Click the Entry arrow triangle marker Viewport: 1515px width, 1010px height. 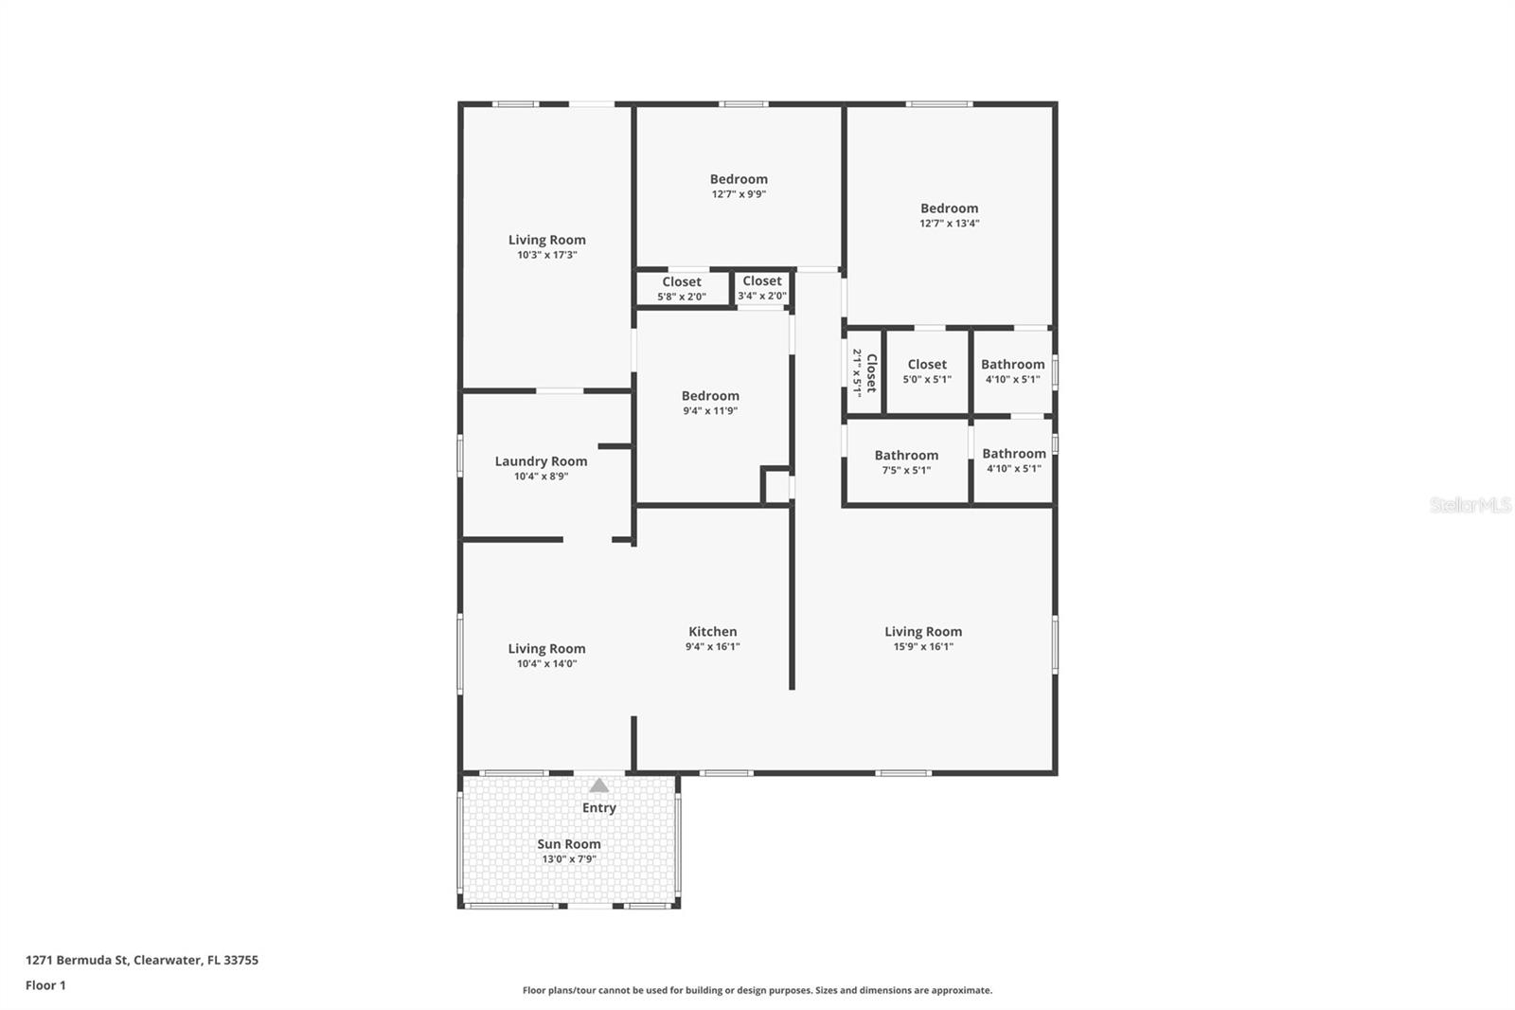tap(598, 785)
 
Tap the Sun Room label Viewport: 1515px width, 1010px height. tap(568, 844)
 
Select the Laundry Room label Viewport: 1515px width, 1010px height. tap(541, 461)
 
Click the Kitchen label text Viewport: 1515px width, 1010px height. tap(712, 632)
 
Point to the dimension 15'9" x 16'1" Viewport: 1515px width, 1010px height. tap(923, 647)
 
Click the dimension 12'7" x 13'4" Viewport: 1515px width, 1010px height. tap(949, 224)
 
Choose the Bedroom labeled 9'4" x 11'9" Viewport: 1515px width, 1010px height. tap(710, 396)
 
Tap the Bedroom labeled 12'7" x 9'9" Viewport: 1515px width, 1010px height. tap(739, 179)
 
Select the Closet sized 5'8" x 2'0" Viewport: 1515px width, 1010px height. tap(682, 282)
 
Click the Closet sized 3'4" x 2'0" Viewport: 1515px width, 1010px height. tap(762, 281)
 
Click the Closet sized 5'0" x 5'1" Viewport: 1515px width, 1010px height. tap(927, 365)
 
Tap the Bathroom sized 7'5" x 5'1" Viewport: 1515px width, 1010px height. tap(906, 456)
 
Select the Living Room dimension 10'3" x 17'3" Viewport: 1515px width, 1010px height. tap(546, 255)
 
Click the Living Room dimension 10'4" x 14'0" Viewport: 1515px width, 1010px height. tap(546, 664)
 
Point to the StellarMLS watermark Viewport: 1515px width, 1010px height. tap(1470, 506)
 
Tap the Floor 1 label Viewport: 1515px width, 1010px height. tap(45, 985)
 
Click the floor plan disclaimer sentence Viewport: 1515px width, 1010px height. tap(757, 990)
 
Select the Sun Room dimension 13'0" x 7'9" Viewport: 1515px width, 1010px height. tap(568, 859)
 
